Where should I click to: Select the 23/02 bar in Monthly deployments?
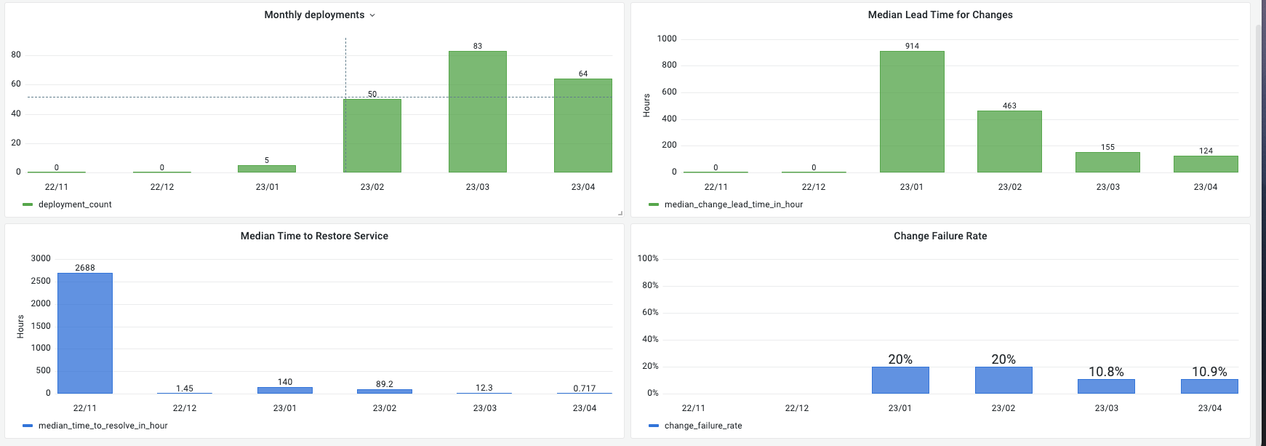(372, 135)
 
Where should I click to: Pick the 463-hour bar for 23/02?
(1009, 141)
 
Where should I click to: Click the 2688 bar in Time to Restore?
(85, 333)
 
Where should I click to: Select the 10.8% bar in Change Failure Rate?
(1106, 386)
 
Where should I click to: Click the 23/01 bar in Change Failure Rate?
(900, 380)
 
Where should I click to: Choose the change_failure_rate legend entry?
(702, 426)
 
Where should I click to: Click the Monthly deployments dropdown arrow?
(372, 15)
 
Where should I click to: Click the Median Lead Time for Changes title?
(940, 15)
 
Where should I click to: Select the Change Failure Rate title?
(940, 236)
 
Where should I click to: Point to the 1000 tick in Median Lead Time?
(666, 39)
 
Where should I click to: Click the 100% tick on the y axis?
(648, 258)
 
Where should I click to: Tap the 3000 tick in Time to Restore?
(41, 258)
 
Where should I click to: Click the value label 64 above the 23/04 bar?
(583, 73)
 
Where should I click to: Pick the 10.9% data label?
(1209, 372)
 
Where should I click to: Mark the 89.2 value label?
(385, 384)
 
